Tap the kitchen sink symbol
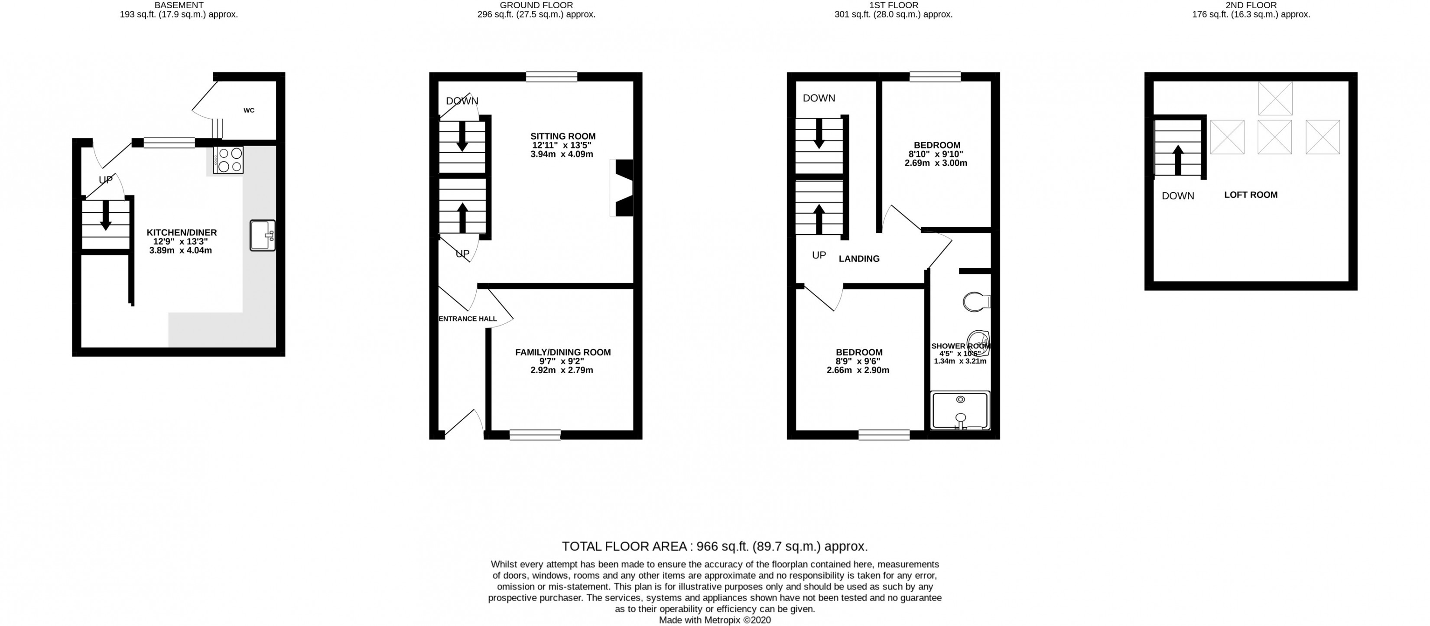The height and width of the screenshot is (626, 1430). [262, 235]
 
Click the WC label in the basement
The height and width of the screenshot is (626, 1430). [249, 111]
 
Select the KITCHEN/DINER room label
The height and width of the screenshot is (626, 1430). [182, 233]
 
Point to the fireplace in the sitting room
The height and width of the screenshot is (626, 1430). [623, 188]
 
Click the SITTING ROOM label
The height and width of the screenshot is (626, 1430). [562, 136]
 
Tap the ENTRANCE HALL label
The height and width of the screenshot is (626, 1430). [468, 319]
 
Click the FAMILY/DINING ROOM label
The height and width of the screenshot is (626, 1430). [562, 352]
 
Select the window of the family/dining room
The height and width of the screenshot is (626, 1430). [535, 434]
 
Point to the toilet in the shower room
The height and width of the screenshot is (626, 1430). [976, 302]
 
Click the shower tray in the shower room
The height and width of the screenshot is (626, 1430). [960, 411]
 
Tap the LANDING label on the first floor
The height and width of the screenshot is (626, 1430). [859, 259]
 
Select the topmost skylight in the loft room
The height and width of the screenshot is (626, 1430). [1275, 98]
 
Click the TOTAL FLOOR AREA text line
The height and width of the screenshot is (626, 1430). [715, 546]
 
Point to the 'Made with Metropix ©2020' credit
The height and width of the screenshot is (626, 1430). [715, 620]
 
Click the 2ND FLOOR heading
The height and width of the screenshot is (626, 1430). [1251, 5]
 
